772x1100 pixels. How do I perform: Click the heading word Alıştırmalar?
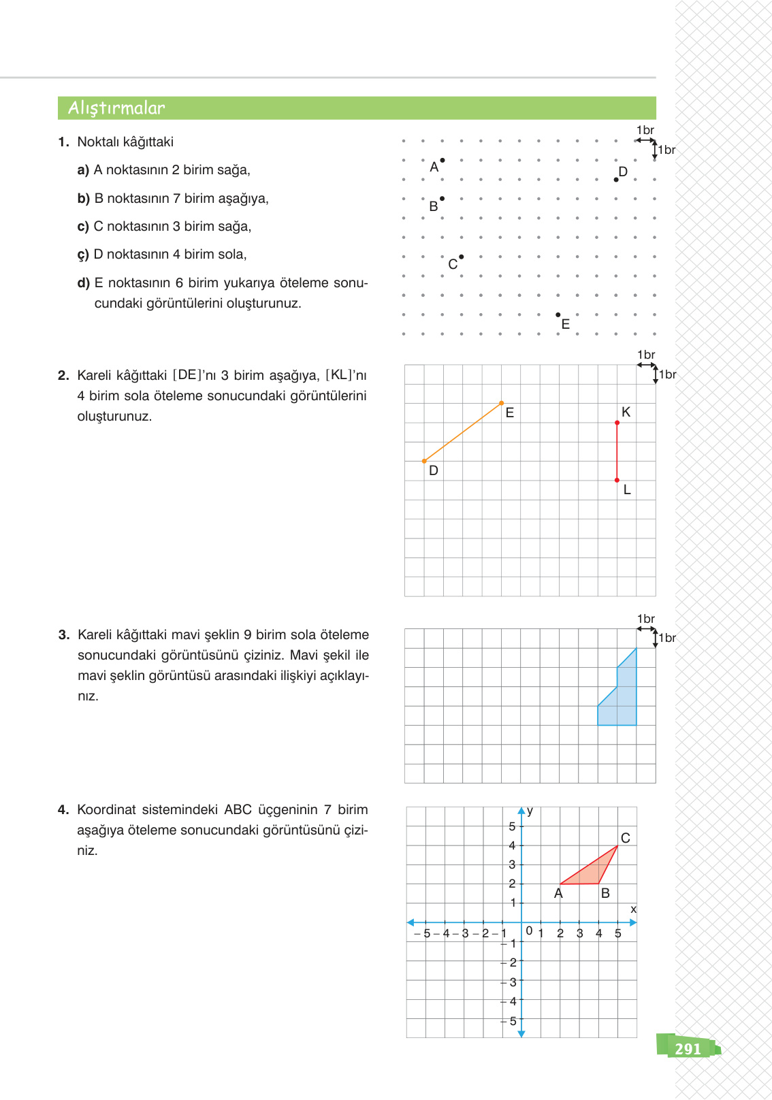(x=116, y=108)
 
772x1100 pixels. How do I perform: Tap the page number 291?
(x=688, y=1049)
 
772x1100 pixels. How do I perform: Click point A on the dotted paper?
(x=443, y=161)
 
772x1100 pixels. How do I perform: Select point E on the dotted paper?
(x=558, y=314)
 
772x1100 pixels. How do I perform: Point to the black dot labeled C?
(x=462, y=257)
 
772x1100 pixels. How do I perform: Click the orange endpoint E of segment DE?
(x=502, y=403)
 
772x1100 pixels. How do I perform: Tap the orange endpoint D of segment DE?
(x=424, y=461)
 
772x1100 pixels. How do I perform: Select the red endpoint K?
(x=617, y=423)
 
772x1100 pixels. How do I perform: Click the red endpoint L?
(x=617, y=480)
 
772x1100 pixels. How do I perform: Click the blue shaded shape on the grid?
(x=623, y=701)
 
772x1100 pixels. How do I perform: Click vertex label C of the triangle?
(x=625, y=838)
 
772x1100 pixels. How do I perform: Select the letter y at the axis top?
(x=530, y=811)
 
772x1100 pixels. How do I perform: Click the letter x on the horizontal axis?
(x=633, y=909)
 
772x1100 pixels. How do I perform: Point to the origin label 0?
(x=529, y=931)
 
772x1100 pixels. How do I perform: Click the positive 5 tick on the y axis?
(x=512, y=826)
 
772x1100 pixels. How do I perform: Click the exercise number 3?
(x=63, y=634)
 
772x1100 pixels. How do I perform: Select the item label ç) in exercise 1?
(x=83, y=255)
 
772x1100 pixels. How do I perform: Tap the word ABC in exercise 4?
(x=238, y=809)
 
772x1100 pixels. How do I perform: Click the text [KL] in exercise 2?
(x=339, y=375)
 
